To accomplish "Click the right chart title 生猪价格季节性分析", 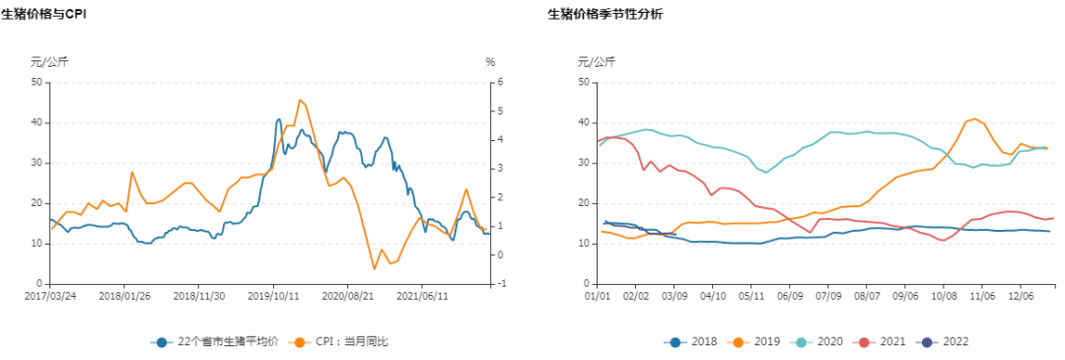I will [x=605, y=14].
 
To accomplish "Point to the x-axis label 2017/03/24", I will [x=50, y=294].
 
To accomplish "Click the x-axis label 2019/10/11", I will [x=273, y=294].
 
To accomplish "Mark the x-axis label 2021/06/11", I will [x=422, y=294].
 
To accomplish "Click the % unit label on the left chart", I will [x=490, y=62].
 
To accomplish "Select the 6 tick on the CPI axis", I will [x=501, y=82].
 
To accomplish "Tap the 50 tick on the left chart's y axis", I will [x=35, y=82].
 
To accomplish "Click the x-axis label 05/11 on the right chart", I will [x=751, y=294].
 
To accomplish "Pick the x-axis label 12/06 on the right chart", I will [x=1021, y=294].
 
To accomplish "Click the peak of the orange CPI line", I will [x=300, y=100].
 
